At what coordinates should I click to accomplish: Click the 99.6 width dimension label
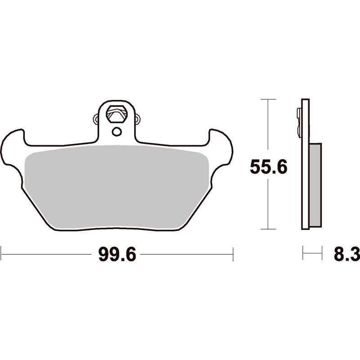pos(117,254)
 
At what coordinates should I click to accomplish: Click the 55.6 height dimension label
pos(268,167)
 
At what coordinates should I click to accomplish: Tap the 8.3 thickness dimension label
pos(346,254)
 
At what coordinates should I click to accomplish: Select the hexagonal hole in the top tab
pos(117,114)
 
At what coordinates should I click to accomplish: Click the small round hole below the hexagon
pos(117,131)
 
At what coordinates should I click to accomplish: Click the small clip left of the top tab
pos(96,119)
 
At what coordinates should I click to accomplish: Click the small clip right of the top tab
pos(138,119)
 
